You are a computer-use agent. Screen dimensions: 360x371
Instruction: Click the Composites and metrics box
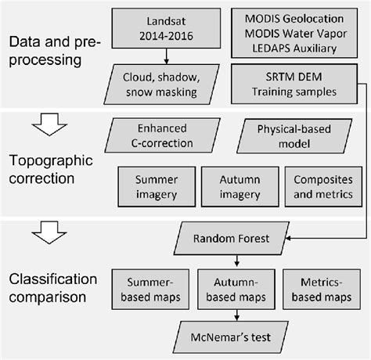point(318,185)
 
